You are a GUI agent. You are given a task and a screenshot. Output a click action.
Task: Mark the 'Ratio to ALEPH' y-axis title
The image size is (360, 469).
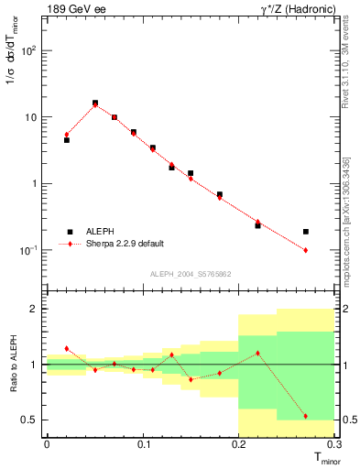[x=13, y=364]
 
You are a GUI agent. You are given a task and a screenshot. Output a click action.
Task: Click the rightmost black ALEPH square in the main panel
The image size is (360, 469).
[x=306, y=232]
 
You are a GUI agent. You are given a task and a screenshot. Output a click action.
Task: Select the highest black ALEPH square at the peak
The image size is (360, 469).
[x=95, y=103]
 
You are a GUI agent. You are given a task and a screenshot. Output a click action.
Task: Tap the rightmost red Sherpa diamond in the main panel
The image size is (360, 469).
[x=306, y=250]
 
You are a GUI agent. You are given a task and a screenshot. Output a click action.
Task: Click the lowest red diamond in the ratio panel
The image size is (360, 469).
[x=306, y=416]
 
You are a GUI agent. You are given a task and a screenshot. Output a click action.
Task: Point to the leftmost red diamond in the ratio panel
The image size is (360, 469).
[x=67, y=349]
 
